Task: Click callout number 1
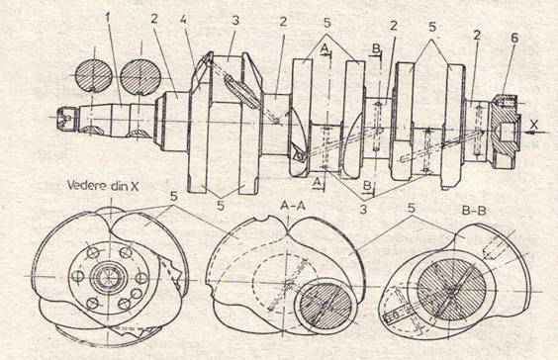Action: click(108, 18)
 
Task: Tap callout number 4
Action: click(183, 20)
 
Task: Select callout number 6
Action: click(514, 38)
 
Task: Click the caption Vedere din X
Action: click(103, 186)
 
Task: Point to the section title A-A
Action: click(292, 206)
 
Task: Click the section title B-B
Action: click(474, 211)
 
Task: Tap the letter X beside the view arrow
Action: click(533, 125)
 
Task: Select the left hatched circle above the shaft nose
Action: click(94, 75)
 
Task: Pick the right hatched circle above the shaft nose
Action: click(140, 77)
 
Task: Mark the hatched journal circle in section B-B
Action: click(451, 290)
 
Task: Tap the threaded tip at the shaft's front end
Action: click(67, 119)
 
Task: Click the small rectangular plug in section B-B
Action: click(396, 315)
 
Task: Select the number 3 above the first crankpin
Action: click(235, 21)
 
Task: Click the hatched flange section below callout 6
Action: click(504, 128)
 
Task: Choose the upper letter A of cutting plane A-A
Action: click(325, 48)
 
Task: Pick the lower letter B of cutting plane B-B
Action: click(366, 186)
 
